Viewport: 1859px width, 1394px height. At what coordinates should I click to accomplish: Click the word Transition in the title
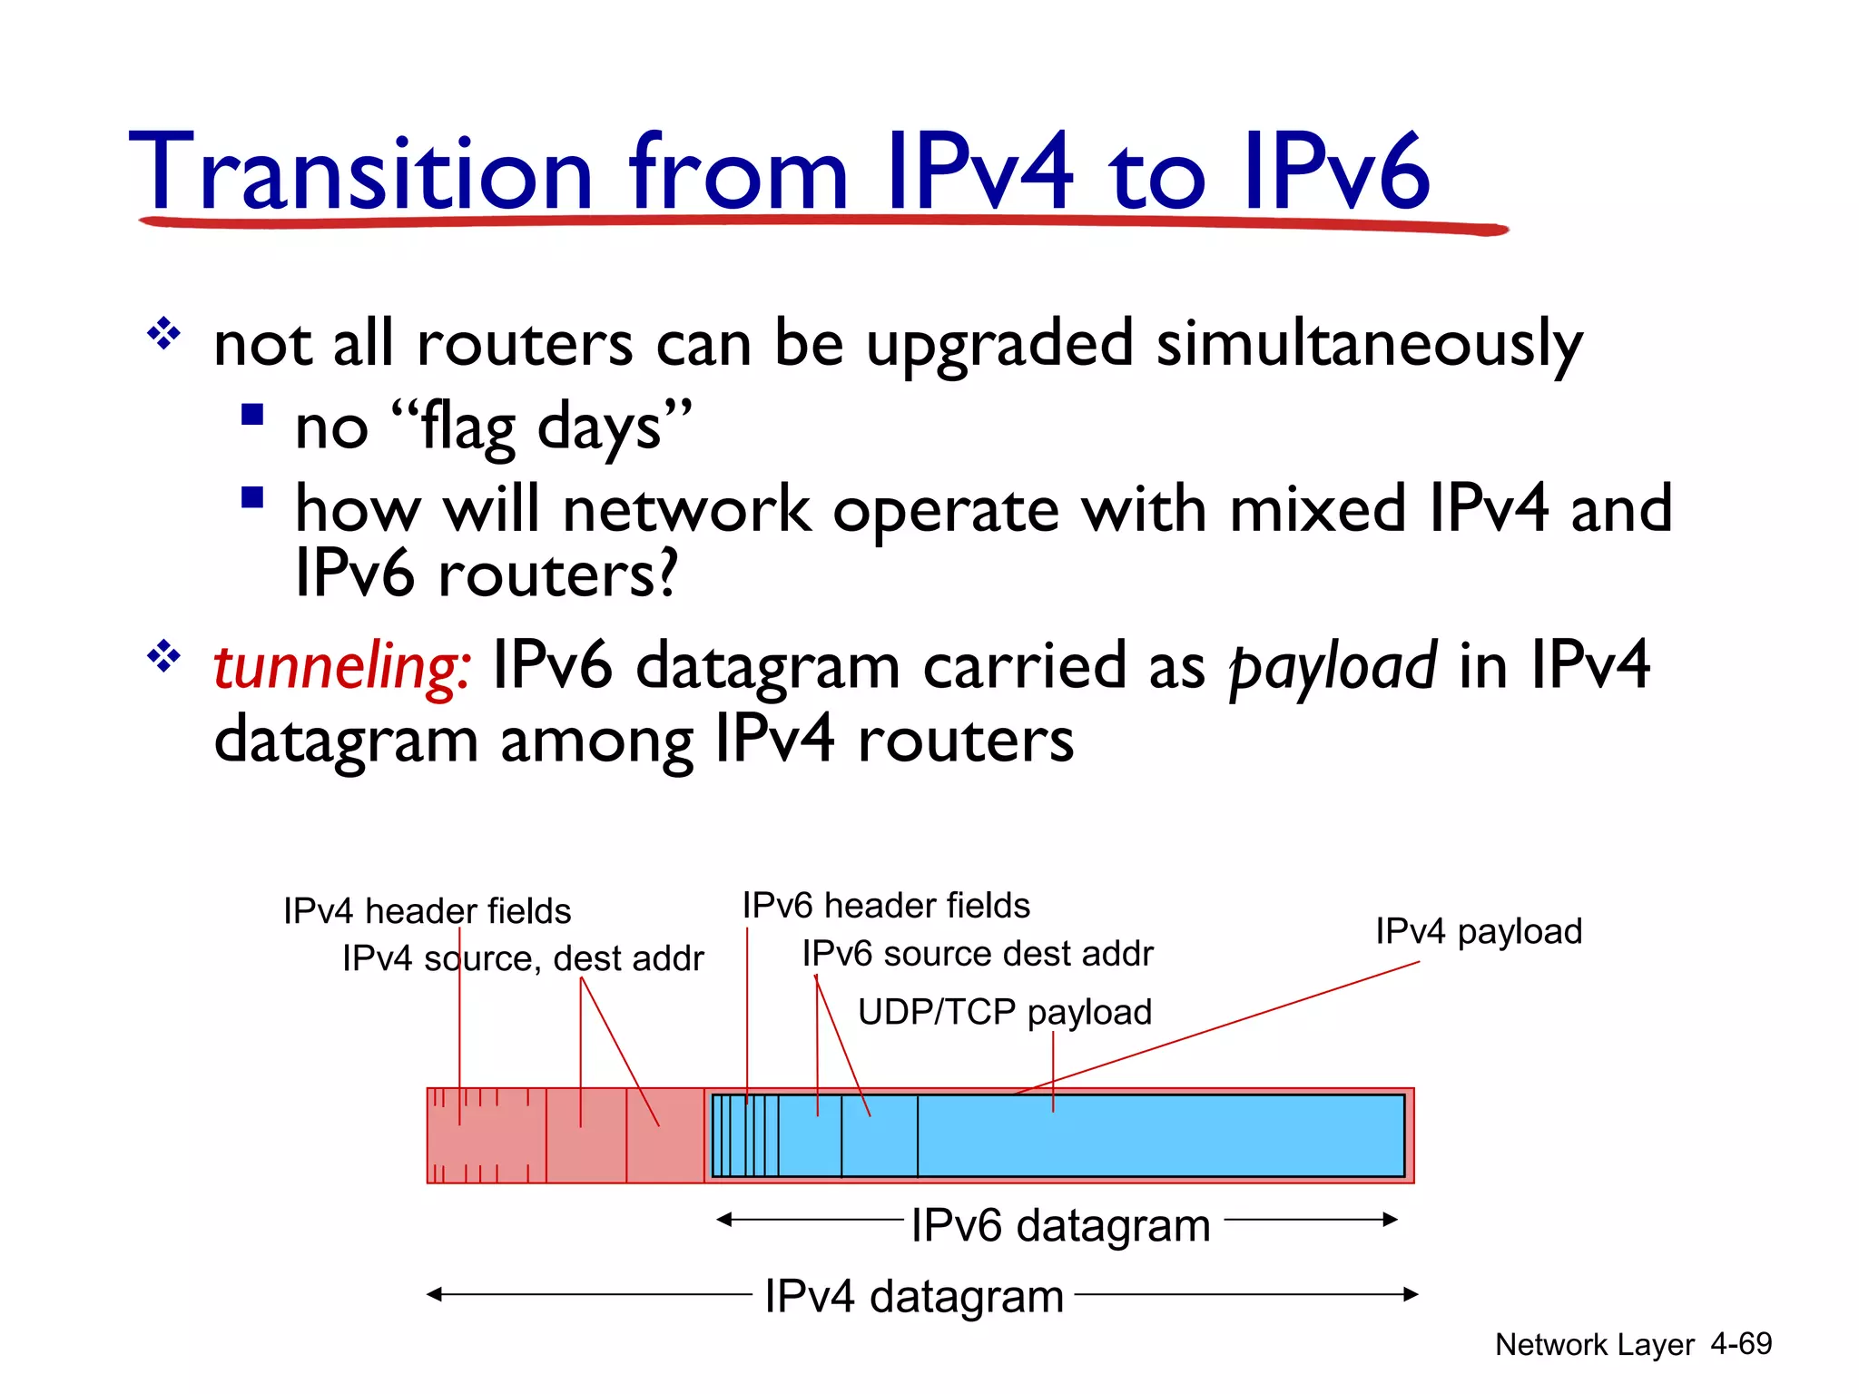[361, 172]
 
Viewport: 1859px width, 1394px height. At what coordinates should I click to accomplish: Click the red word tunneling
[341, 667]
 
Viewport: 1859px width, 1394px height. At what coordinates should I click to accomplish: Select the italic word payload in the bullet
[1333, 667]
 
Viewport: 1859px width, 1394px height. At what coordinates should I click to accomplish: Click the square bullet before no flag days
[252, 415]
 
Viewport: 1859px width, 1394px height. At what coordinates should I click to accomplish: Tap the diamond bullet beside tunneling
[164, 655]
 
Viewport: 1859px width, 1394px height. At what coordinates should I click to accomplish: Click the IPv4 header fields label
[427, 910]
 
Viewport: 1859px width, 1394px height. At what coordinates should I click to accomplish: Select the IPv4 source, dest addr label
[523, 958]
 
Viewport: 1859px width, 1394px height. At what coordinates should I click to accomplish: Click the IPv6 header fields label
[886, 906]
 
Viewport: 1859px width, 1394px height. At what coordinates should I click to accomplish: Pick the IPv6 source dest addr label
[977, 954]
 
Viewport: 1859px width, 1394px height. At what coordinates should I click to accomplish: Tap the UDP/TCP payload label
[1004, 1012]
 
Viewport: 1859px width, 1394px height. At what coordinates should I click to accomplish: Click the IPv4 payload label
[1478, 931]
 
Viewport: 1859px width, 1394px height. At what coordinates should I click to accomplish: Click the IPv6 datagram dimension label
[1060, 1225]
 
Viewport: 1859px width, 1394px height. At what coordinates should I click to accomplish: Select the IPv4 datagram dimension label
[913, 1296]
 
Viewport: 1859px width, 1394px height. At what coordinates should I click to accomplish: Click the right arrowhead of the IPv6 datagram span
[1392, 1220]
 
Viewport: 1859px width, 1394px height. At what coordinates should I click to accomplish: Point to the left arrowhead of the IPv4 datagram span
[434, 1294]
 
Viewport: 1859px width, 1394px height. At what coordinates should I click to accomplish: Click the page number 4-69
[1740, 1343]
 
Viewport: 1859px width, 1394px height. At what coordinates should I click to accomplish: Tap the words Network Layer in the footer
[1594, 1344]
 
